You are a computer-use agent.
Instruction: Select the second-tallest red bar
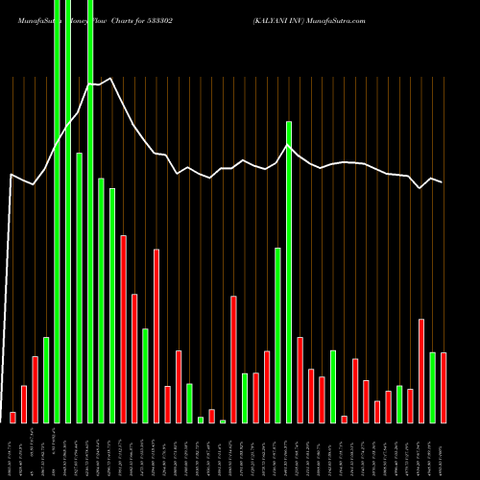tap(156, 336)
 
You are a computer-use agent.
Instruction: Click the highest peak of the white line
tap(110, 79)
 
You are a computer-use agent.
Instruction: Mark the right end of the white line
tap(443, 182)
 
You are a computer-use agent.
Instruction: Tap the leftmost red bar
tap(12, 417)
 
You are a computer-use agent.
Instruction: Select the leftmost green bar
tap(46, 379)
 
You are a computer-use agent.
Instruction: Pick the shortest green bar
tap(223, 421)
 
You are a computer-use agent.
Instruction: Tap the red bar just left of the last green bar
tap(421, 370)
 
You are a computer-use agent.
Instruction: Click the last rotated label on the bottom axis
tap(444, 451)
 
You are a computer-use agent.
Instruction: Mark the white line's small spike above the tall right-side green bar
tap(288, 145)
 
